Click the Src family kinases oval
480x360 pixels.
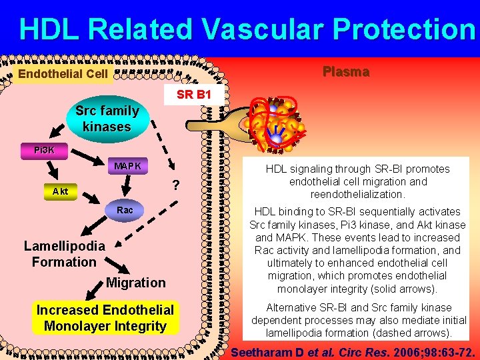click(x=107, y=119)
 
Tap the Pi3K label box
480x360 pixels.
click(x=45, y=150)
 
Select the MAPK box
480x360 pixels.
click(x=127, y=166)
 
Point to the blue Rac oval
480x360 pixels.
click(x=125, y=210)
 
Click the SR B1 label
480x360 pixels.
click(x=194, y=95)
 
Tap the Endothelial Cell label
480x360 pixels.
click(x=63, y=73)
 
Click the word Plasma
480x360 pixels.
click(x=346, y=72)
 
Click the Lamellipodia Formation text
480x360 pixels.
click(x=64, y=254)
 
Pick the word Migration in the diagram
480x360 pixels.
click(x=135, y=283)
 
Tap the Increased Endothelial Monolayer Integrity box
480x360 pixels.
click(x=105, y=318)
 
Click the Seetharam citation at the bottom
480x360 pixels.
click(x=353, y=351)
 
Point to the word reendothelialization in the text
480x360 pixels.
click(x=357, y=194)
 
